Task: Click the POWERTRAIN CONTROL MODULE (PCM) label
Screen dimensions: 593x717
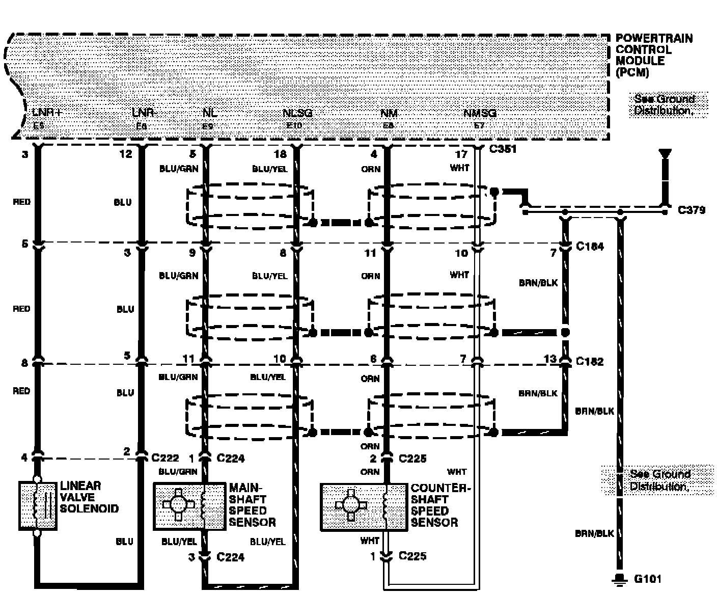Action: (x=654, y=55)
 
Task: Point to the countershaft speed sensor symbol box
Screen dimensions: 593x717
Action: (x=364, y=506)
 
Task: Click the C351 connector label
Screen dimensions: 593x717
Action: (x=503, y=149)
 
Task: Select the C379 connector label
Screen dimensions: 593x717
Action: (x=692, y=209)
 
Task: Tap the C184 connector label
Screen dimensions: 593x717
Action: (x=590, y=247)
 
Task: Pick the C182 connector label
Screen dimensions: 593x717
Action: (x=589, y=361)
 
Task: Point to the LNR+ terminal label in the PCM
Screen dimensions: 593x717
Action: (x=47, y=113)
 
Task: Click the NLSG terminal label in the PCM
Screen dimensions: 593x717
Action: (x=297, y=113)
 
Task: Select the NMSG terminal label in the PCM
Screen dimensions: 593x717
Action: (x=480, y=113)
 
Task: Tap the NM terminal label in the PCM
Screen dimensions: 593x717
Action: (x=389, y=113)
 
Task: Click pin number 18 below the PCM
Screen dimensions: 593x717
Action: (x=280, y=154)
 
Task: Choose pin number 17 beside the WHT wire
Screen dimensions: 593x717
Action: (x=461, y=154)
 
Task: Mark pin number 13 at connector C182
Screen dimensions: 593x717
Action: (x=550, y=359)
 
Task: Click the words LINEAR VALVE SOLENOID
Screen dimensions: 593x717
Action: (x=89, y=497)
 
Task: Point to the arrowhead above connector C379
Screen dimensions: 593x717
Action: (x=665, y=153)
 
